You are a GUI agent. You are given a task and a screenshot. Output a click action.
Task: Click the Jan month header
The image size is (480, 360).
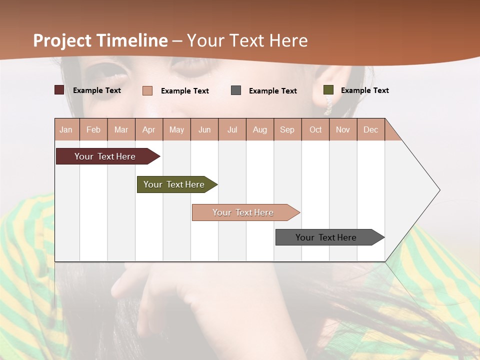66,129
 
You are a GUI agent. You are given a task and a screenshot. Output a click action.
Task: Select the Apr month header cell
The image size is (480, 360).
149,129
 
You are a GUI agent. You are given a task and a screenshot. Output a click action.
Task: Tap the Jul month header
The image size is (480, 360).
232,129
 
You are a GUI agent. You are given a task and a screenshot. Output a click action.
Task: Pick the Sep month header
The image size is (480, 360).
287,129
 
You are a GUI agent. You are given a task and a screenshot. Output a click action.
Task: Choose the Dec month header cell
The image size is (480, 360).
370,129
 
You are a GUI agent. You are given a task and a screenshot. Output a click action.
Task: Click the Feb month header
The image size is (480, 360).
93,129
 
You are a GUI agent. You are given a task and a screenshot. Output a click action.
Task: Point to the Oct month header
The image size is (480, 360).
315,129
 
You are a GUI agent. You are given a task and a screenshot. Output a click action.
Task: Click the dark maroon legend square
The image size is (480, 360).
59,90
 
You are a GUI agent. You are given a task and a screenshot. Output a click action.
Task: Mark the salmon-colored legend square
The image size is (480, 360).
147,90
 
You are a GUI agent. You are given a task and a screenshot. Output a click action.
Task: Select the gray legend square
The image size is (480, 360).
236,90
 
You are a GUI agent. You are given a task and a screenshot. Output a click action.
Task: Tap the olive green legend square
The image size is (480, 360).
328,90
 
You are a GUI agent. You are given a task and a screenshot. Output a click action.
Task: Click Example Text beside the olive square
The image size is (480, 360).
364,90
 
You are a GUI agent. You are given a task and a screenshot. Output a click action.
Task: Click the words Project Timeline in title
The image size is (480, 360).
100,40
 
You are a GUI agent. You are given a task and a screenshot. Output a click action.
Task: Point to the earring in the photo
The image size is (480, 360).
328,105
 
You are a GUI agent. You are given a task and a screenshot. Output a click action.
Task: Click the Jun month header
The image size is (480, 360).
204,129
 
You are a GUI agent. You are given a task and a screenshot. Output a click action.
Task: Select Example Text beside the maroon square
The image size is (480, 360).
97,90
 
